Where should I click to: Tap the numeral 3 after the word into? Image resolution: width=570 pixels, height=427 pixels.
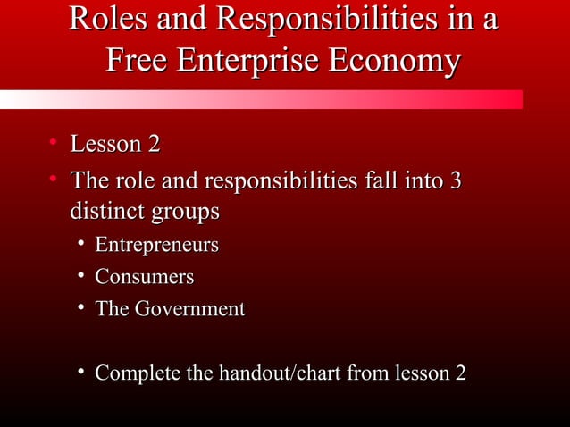click(455, 181)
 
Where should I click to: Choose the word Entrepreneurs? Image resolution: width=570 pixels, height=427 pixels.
click(157, 245)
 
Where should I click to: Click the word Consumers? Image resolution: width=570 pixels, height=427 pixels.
click(144, 277)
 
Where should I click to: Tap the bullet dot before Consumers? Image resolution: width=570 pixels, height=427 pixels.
click(81, 276)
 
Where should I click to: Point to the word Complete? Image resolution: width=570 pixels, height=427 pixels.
click(136, 373)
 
